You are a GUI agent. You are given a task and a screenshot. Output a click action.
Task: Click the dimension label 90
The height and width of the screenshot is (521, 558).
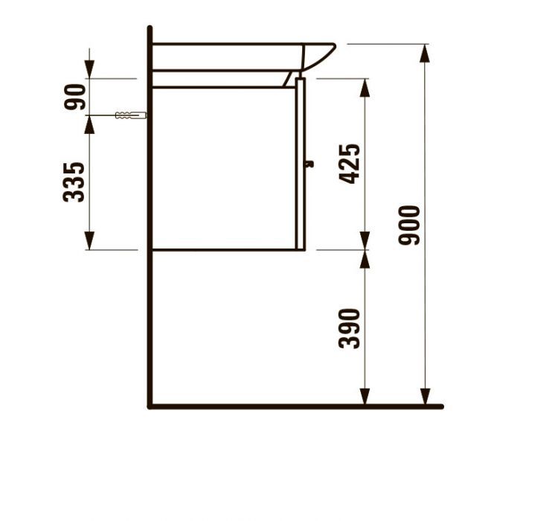(x=75, y=97)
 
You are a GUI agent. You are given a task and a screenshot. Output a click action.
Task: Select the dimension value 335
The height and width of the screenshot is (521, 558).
(x=75, y=182)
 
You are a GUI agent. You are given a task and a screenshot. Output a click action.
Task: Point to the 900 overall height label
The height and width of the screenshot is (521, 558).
(x=410, y=225)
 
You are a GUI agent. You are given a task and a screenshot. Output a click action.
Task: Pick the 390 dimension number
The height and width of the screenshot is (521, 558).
(x=350, y=328)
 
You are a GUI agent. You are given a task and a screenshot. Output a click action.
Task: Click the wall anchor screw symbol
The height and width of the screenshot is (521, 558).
(x=131, y=115)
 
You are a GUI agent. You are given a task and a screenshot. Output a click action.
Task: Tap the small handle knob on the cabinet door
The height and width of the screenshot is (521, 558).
(x=310, y=164)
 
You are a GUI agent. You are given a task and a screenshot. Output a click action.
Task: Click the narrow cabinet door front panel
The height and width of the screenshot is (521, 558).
(x=301, y=164)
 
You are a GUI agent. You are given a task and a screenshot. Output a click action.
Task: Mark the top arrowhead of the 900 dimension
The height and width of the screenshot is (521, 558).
(x=425, y=52)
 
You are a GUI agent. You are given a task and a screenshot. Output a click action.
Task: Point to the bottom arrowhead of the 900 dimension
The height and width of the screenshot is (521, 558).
(x=425, y=398)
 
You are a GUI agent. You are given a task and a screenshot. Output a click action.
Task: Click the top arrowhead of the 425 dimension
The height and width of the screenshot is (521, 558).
(x=365, y=86)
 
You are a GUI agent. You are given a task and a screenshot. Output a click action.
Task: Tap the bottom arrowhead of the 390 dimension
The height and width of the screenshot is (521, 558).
(x=365, y=398)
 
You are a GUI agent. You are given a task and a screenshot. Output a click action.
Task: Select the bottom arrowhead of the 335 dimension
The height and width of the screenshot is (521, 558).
(x=89, y=241)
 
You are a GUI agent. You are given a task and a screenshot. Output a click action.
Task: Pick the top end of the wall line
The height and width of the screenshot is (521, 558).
(x=150, y=29)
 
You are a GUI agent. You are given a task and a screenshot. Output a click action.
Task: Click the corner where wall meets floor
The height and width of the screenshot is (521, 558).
(x=150, y=406)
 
